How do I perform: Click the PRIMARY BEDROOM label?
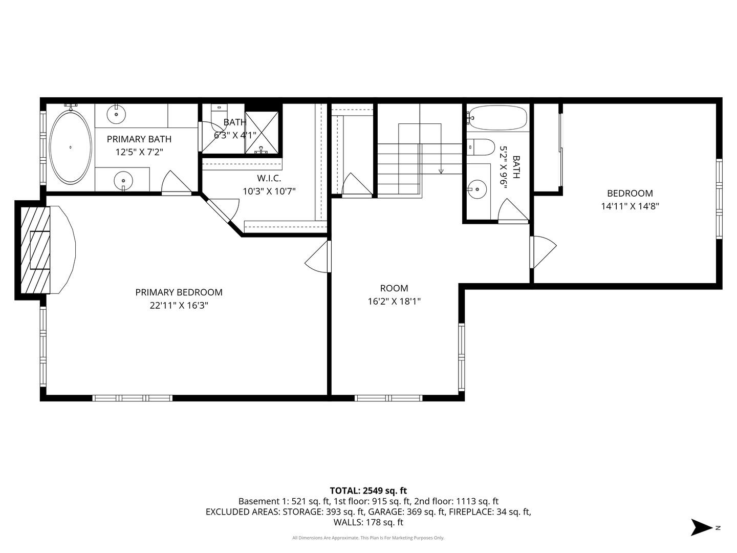coord(179,292)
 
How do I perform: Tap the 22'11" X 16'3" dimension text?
coord(179,306)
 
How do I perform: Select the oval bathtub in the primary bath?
coord(70,147)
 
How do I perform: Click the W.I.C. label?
coord(269,178)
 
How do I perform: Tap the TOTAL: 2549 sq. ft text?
coord(368,491)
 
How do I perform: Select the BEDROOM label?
coord(630,194)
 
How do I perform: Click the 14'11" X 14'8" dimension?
coord(630,206)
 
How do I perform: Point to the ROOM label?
coord(394,288)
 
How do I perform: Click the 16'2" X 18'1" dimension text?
coord(394,302)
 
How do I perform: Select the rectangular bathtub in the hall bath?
coord(497,118)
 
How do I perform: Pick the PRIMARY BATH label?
coord(139,139)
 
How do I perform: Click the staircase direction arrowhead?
coord(441,171)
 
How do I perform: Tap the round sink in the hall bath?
coord(478,189)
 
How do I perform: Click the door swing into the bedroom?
coord(544,251)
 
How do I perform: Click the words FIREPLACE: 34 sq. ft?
coord(490,512)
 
